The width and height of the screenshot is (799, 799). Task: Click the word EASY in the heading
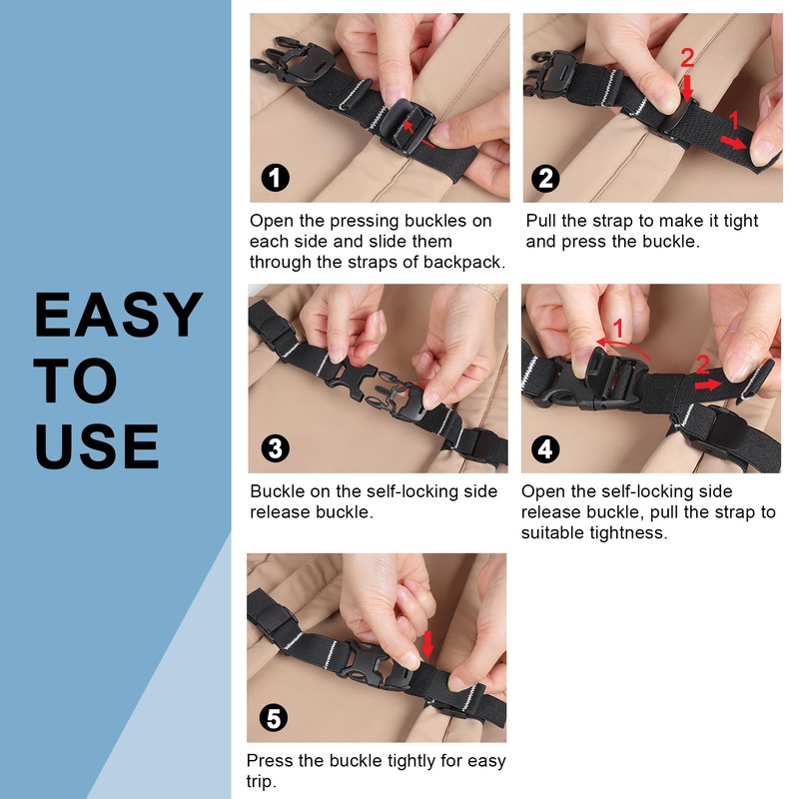tap(118, 316)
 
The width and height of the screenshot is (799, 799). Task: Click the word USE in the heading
tap(97, 446)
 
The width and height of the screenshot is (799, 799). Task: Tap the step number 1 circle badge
tap(275, 179)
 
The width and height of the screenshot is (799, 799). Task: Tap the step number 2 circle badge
tap(546, 179)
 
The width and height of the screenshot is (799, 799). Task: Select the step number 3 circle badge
tap(275, 448)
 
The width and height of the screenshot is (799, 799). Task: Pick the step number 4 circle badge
tap(545, 448)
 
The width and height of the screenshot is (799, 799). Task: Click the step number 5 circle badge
tap(274, 718)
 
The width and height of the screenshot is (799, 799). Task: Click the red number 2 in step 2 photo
tap(686, 59)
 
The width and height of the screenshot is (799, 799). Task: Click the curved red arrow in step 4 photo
tap(624, 345)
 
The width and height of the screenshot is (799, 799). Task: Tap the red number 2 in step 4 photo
tap(702, 365)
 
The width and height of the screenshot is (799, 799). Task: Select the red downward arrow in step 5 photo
tap(428, 644)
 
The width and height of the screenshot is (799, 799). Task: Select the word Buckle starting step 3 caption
tap(277, 491)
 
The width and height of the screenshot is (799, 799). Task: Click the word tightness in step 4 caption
tap(617, 533)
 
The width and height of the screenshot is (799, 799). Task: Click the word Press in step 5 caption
tap(270, 761)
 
